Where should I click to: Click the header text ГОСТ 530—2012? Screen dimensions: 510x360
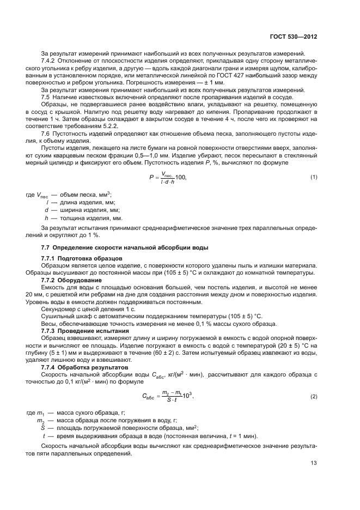tap(294, 38)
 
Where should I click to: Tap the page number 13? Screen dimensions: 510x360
tap(314, 464)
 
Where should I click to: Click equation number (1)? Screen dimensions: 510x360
tap(314, 177)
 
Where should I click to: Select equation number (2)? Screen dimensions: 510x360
tap(314, 396)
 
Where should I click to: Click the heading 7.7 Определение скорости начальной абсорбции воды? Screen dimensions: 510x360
tap(124, 247)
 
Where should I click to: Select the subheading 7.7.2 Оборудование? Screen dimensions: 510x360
tap(71, 280)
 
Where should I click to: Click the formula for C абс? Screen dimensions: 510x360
tap(168, 396)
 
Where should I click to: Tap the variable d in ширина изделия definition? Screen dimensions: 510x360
tap(47, 209)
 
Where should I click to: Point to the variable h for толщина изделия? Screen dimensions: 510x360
tap(47, 217)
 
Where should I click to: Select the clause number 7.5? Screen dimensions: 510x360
tap(46, 96)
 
